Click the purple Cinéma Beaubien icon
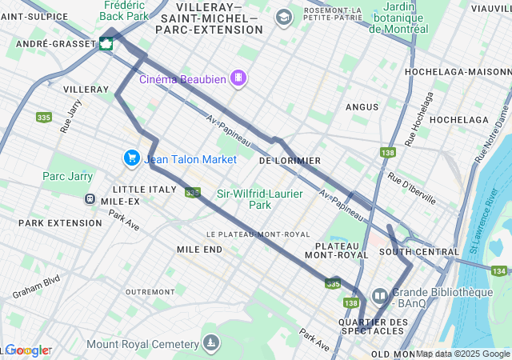coord(238,78)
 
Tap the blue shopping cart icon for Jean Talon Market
coord(130,158)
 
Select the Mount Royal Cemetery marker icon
coord(210,343)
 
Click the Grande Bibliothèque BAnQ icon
coord(379,296)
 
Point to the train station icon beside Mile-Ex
coord(90,199)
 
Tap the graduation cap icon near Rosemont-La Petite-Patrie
coord(283,17)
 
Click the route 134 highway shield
coord(499,271)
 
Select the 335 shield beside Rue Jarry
coord(44,117)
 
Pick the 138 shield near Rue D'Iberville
coord(389,153)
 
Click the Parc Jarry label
coord(68,176)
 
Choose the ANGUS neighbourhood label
coord(362,106)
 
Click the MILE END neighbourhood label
coord(200,250)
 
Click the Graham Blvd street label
coord(36,288)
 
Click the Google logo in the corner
coord(27,350)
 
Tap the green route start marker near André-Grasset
coord(106,44)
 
